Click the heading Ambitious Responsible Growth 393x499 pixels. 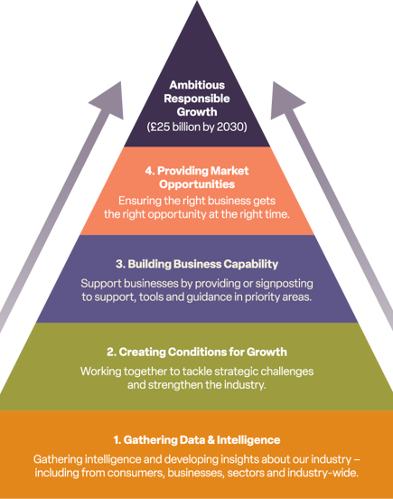coord(197,99)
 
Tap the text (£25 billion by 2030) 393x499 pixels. coord(197,127)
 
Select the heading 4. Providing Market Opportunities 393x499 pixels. coord(197,177)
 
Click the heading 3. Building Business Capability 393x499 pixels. coord(197,264)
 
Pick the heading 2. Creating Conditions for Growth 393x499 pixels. coord(197,352)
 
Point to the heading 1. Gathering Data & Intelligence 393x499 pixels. coord(197,440)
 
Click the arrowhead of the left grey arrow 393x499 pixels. coord(109,101)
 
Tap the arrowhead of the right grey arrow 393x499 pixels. coord(285,101)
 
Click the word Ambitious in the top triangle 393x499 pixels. coord(197,85)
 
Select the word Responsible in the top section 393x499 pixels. coord(197,99)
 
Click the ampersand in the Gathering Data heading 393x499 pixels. coord(211,440)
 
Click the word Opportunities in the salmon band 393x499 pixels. coord(197,184)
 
